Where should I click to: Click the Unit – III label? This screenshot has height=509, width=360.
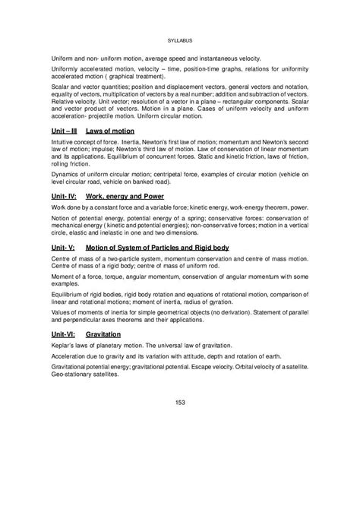[66, 131]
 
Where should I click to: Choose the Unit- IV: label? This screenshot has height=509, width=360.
[66, 196]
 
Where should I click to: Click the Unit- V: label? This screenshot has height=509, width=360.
[66, 248]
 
